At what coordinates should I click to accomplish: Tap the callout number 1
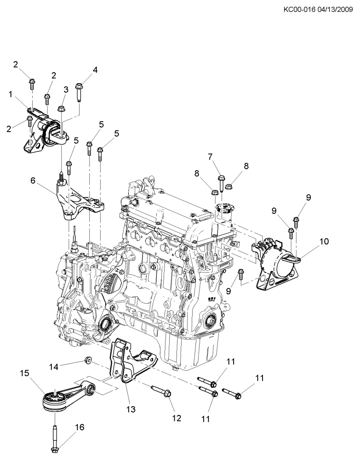[x=10, y=94]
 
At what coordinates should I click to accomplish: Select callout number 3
[x=66, y=90]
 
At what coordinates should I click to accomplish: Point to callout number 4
[x=95, y=70]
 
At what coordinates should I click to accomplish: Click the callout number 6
[x=33, y=181]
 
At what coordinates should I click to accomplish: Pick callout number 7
[x=211, y=156]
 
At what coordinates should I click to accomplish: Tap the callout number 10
[x=324, y=241]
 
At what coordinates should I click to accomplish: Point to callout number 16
[x=80, y=427]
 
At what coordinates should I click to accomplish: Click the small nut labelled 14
[x=87, y=359]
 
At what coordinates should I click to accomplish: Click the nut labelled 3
[x=61, y=109]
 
